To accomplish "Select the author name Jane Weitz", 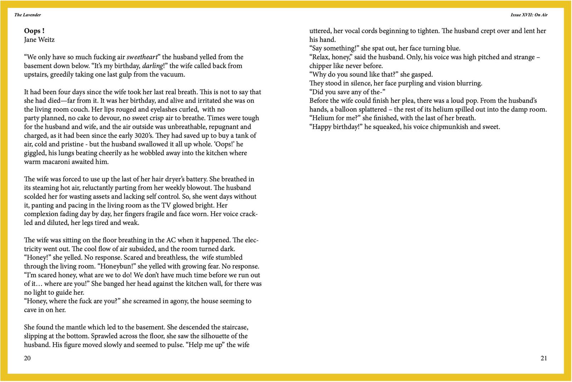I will pos(39,40).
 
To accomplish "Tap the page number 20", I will pos(27,358).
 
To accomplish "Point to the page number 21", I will pos(544,358).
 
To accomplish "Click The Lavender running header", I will pos(28,15).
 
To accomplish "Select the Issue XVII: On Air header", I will pos(529,15).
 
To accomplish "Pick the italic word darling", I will pos(152,66).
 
